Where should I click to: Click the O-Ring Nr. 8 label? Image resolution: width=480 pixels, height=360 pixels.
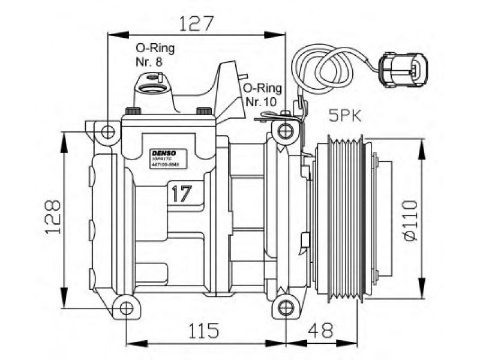coord(151,54)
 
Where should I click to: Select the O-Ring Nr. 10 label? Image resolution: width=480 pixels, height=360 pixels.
coord(260,95)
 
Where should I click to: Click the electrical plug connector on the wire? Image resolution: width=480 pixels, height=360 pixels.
coord(403,70)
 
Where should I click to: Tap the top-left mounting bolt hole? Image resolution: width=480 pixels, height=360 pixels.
coord(107,131)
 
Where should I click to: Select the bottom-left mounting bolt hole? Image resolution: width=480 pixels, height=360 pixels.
coord(125,309)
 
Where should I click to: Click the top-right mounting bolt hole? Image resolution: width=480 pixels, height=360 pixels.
coord(286,131)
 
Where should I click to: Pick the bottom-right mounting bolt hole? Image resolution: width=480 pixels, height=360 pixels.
coord(286,309)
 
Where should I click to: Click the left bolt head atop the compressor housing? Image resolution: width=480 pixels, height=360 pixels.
coord(132,112)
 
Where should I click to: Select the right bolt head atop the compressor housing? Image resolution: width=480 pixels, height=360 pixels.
coord(204,112)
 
